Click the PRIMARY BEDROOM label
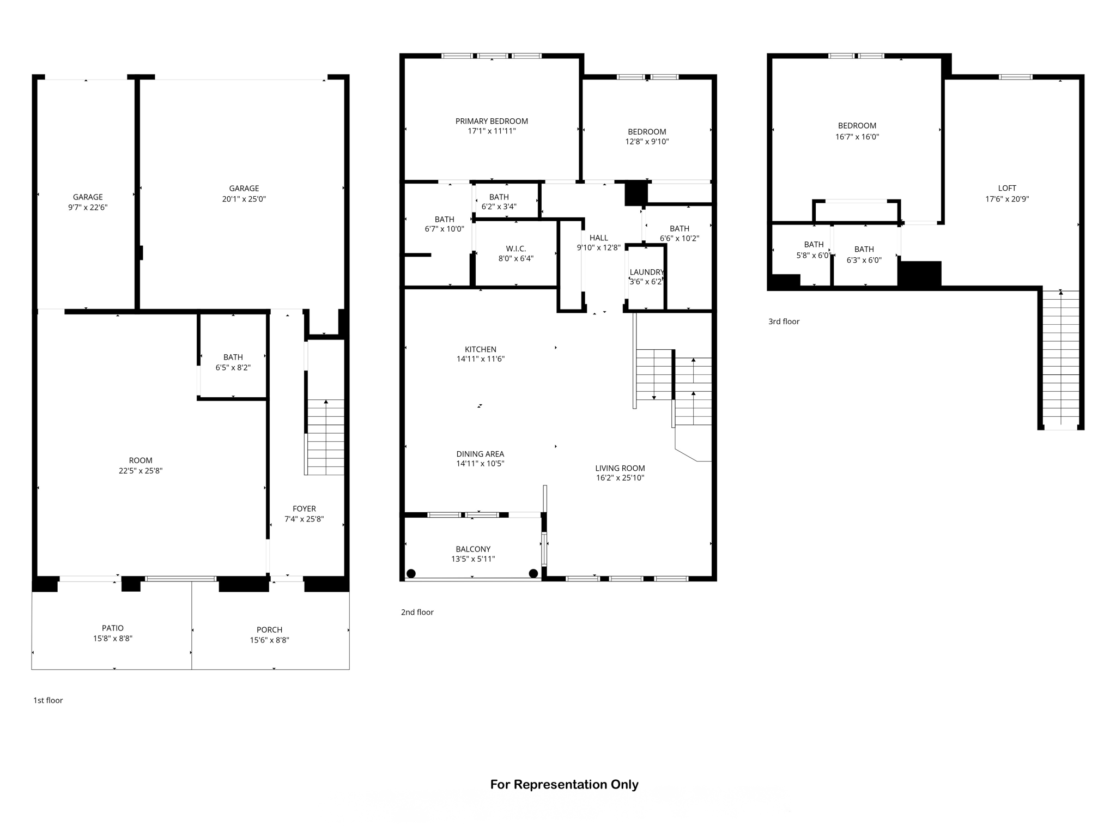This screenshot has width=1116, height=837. [x=492, y=121]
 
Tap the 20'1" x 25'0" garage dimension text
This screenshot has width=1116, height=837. [x=244, y=199]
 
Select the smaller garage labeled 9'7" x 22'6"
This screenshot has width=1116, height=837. [x=88, y=202]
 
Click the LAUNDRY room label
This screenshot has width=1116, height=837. [x=646, y=272]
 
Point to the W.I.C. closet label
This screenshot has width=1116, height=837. [x=515, y=248]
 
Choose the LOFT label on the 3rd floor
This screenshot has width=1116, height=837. [x=1006, y=188]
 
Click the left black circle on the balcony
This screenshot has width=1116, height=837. [x=411, y=573]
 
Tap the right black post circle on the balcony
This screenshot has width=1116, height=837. [x=533, y=573]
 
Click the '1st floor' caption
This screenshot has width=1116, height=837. [x=48, y=700]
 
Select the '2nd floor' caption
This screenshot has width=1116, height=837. [x=417, y=612]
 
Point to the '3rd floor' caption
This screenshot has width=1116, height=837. [x=784, y=322]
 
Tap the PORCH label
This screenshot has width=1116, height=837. [x=269, y=629]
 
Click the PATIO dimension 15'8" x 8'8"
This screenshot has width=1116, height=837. [x=112, y=639]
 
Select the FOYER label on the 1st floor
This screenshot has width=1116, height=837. [x=304, y=508]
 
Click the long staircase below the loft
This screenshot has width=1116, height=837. [x=1060, y=360]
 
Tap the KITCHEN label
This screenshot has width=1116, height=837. [x=480, y=349]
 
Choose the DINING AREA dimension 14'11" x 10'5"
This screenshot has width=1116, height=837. [x=480, y=464]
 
